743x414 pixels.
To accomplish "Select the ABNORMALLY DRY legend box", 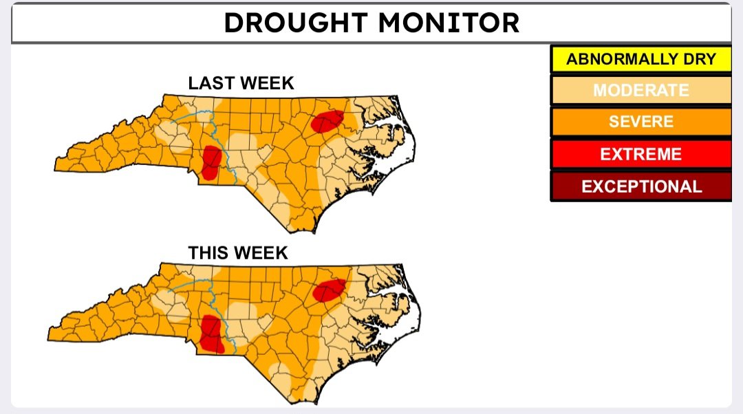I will point(640,59).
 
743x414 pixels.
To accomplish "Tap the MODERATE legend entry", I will point(640,90).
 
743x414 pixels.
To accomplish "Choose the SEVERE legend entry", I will point(640,122).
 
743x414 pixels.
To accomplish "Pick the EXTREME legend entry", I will point(640,154).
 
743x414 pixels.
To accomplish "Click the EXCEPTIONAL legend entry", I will point(640,186).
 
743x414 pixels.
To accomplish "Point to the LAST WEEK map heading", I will point(241,83).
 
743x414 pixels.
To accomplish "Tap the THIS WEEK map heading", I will point(238,253).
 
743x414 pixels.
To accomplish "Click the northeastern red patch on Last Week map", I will point(327,121).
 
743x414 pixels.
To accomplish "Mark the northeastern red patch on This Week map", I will point(329,290).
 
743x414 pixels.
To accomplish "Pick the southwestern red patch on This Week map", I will point(210,333).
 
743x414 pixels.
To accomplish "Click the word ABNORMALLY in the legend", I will point(622,59).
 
